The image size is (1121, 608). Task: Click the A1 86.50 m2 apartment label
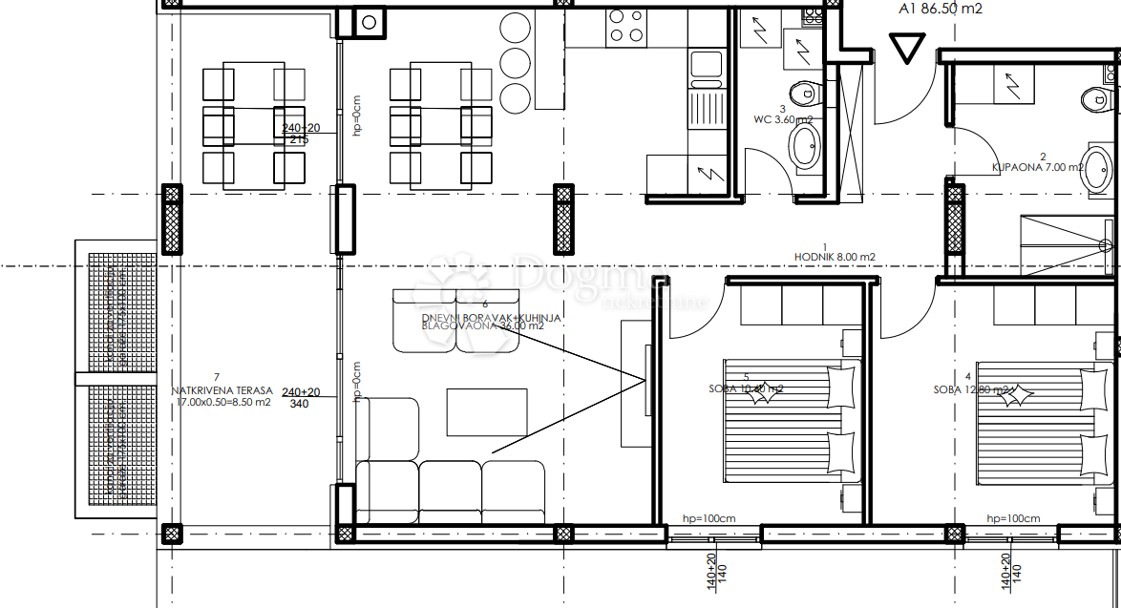pos(940,10)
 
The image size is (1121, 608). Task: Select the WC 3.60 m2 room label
pos(782,120)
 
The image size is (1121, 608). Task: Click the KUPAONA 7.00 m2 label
pos(1037,167)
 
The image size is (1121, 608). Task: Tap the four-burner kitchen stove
pos(626,26)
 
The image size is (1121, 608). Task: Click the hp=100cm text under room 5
pos(709,518)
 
